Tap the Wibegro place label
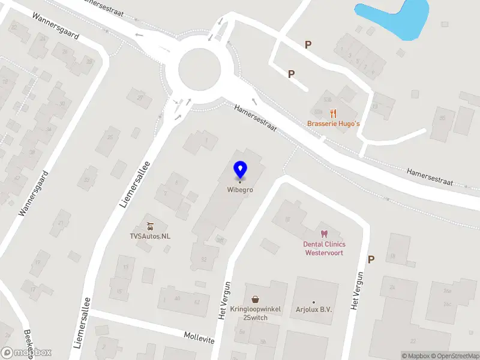[x=240, y=190]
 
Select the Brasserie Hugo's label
[x=333, y=124]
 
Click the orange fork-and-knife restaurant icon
[x=333, y=113]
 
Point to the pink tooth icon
[x=324, y=233]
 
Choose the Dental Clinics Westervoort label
[x=324, y=248]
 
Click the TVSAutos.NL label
[x=150, y=236]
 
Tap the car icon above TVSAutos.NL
[x=151, y=226]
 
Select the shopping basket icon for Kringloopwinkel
[x=256, y=299]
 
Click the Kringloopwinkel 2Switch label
[x=256, y=313]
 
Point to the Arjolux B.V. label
[x=314, y=310]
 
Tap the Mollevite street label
[x=199, y=337]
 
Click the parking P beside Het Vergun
[x=371, y=260]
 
